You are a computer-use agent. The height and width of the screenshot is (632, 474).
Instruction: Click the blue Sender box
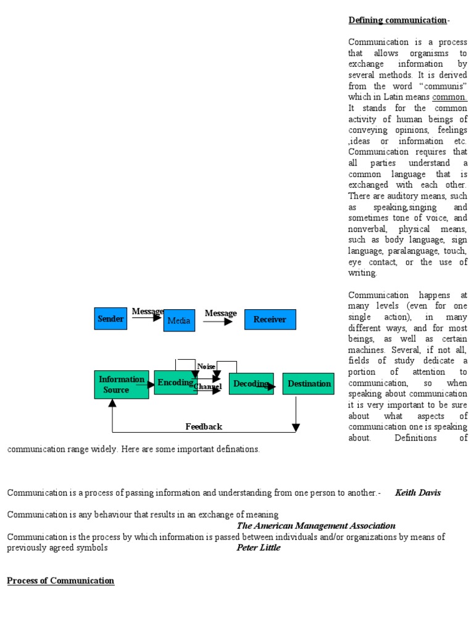(x=110, y=318)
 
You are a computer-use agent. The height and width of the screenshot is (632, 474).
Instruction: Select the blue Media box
(x=179, y=320)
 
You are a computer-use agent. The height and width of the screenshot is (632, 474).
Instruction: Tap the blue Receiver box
(x=270, y=319)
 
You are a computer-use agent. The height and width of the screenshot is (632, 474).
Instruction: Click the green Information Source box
(x=121, y=385)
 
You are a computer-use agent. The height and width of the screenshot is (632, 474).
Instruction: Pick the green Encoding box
(x=175, y=383)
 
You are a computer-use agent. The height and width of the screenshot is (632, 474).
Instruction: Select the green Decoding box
(x=251, y=384)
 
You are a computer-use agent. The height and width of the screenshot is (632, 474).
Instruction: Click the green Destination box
(x=309, y=384)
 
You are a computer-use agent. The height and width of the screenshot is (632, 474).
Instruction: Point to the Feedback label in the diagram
(x=204, y=426)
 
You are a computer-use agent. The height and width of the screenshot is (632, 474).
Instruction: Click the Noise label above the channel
(x=206, y=367)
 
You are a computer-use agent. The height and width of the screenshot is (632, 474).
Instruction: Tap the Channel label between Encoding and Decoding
(x=207, y=386)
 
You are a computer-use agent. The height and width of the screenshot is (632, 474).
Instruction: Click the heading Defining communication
(x=397, y=20)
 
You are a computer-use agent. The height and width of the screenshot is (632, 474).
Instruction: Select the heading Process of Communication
(x=60, y=581)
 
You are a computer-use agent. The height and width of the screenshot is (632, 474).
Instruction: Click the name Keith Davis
(x=418, y=493)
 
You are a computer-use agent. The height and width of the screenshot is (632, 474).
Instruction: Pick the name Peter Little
(x=259, y=547)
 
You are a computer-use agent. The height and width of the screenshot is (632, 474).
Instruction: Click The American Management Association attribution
(x=316, y=526)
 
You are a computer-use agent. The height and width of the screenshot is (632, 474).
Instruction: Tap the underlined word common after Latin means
(x=449, y=97)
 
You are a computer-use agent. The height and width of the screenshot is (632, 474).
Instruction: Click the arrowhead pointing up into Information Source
(x=112, y=403)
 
